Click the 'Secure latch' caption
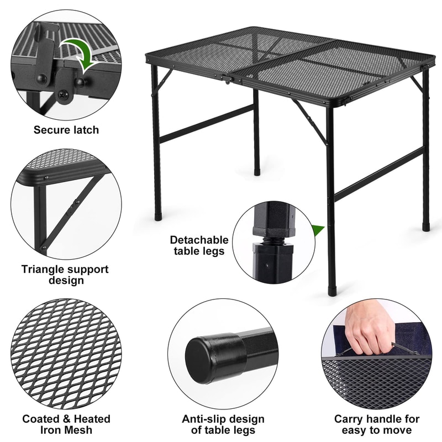(66, 130)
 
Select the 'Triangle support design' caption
(65, 275)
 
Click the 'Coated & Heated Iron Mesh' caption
(66, 424)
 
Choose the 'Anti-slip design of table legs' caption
(223, 424)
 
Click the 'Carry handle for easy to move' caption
(376, 424)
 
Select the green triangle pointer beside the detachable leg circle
(317, 230)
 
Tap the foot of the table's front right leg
(331, 290)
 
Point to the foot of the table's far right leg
(425, 226)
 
